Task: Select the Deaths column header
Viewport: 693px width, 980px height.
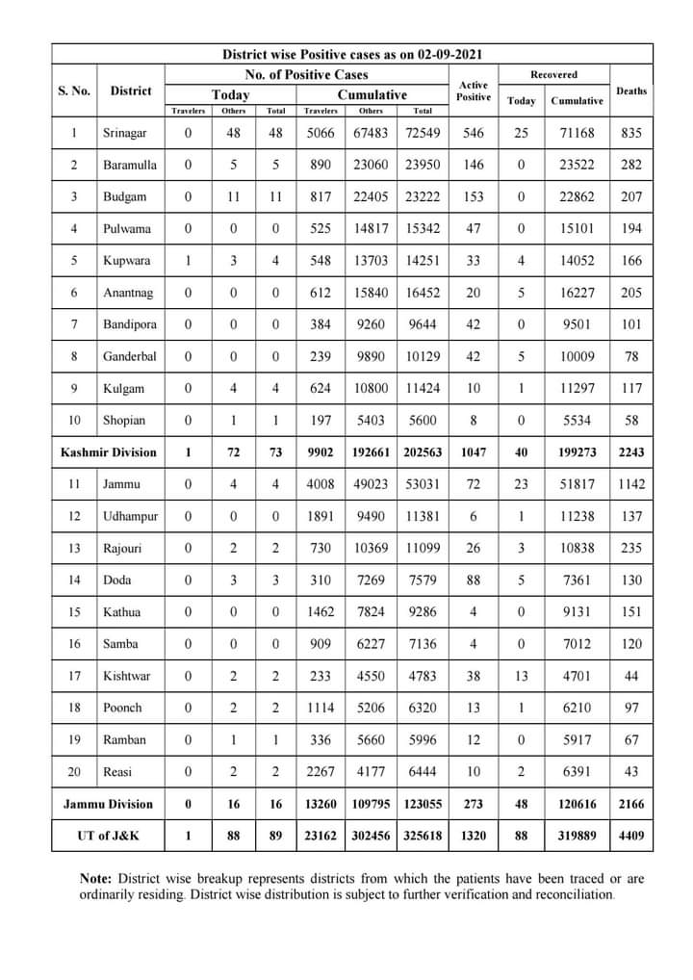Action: (631, 90)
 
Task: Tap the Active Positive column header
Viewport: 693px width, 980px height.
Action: (474, 90)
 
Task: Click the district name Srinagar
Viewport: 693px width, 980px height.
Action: (126, 133)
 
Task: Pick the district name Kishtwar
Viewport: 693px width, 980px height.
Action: (125, 676)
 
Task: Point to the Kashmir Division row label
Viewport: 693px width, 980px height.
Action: (108, 452)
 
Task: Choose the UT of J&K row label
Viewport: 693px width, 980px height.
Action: (108, 836)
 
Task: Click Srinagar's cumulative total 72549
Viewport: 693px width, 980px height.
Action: (423, 133)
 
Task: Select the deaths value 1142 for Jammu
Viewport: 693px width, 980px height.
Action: (631, 484)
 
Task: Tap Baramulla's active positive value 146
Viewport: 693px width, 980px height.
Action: (474, 165)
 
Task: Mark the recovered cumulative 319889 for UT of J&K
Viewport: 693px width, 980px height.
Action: (577, 836)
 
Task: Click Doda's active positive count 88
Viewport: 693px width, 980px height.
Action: (474, 580)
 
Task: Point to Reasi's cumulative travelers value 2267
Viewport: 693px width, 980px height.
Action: (321, 772)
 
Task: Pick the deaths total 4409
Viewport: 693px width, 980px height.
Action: (631, 836)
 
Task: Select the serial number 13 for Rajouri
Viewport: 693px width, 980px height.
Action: (74, 548)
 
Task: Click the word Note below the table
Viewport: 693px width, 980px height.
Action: (96, 879)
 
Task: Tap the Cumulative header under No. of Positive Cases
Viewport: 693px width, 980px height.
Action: (372, 94)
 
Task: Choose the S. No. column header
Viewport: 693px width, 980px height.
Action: (74, 90)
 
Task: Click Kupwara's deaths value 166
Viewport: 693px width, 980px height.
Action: (631, 261)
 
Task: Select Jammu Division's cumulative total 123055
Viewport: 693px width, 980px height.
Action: (423, 804)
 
